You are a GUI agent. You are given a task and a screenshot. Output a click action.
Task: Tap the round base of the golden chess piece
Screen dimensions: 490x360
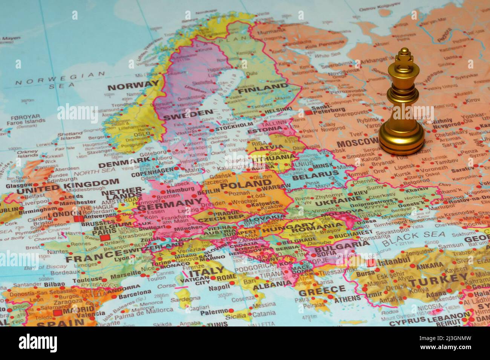point(401,142)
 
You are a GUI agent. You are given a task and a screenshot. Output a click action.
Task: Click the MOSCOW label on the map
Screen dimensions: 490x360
point(357,143)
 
